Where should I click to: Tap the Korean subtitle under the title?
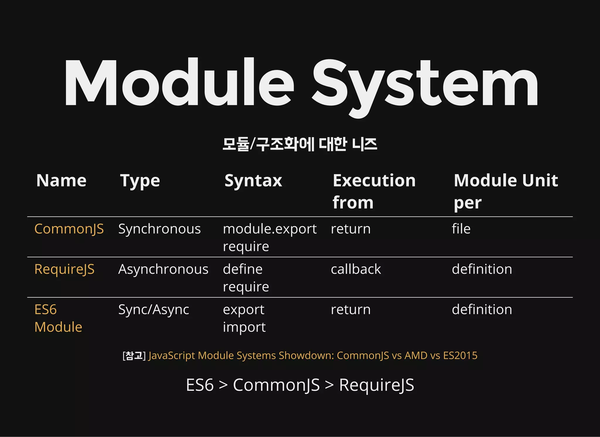pyautogui.click(x=300, y=144)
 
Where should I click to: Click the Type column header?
pyautogui.click(x=140, y=181)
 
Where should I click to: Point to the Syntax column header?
pyautogui.click(x=253, y=180)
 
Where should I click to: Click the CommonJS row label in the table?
pyautogui.click(x=69, y=229)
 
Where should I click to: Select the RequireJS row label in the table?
pyautogui.click(x=64, y=269)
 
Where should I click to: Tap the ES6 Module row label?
pyautogui.click(x=58, y=318)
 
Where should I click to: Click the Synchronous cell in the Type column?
pyautogui.click(x=159, y=229)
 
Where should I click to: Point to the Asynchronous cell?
pyautogui.click(x=163, y=269)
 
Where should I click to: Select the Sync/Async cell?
pyautogui.click(x=154, y=310)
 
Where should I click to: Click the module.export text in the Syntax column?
pyautogui.click(x=270, y=229)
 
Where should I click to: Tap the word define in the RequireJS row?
pyautogui.click(x=243, y=269)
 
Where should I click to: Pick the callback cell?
pyautogui.click(x=356, y=269)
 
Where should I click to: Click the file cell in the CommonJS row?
pyautogui.click(x=461, y=229)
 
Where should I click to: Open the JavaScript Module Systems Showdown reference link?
pyautogui.click(x=313, y=355)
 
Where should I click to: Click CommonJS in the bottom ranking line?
pyautogui.click(x=276, y=385)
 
